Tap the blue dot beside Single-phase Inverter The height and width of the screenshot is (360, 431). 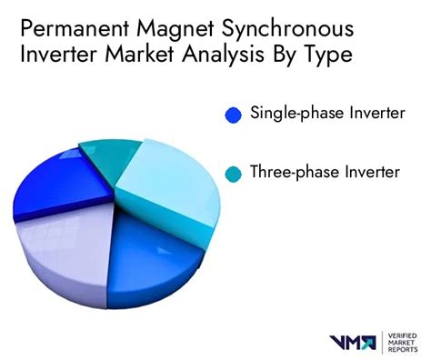[x=234, y=115]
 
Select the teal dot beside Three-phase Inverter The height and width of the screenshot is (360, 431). [x=234, y=172]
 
